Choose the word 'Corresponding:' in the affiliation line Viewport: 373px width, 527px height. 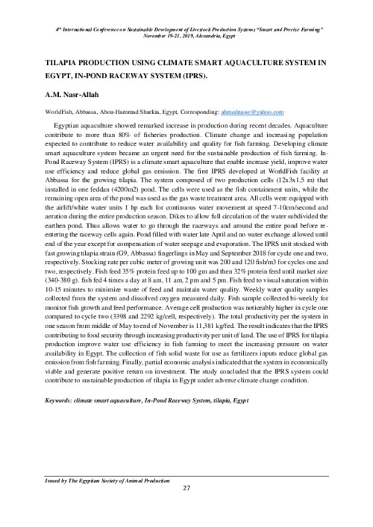click(x=182, y=110)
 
